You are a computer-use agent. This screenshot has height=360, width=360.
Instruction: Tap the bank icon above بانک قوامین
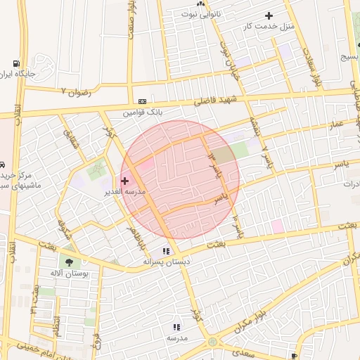pyautogui.click(x=143, y=101)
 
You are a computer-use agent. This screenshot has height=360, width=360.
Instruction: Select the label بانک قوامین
pyautogui.click(x=143, y=112)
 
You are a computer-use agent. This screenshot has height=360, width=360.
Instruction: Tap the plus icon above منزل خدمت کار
pyautogui.click(x=268, y=15)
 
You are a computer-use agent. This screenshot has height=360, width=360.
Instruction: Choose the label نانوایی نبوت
pyautogui.click(x=200, y=13)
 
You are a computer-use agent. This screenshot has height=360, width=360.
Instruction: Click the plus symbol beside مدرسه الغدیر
pyautogui.click(x=125, y=181)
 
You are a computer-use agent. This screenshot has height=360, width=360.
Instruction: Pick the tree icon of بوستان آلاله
pyautogui.click(x=69, y=262)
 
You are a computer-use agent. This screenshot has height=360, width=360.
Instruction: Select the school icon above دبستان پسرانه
pyautogui.click(x=166, y=251)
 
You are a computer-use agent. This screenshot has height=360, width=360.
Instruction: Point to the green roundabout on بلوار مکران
pyautogui.click(x=213, y=342)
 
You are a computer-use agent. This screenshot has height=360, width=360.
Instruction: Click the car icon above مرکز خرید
pyautogui.click(x=3, y=164)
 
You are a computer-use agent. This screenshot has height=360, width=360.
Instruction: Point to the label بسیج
pyautogui.click(x=349, y=58)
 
